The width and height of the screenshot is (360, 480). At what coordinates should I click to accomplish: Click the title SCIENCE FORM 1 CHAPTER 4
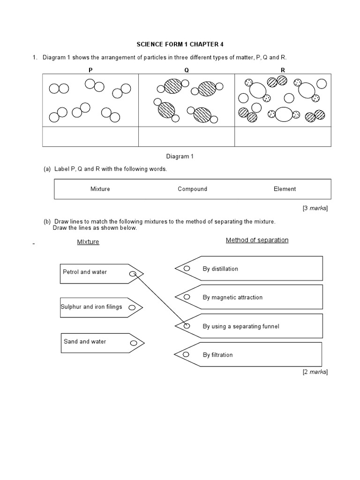[180, 45]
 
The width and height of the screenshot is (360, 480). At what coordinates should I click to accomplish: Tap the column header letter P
[90, 70]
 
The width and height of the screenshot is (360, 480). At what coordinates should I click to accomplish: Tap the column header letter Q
[186, 70]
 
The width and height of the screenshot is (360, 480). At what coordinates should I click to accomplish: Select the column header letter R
[283, 70]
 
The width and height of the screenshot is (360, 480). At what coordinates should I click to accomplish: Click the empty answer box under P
[90, 136]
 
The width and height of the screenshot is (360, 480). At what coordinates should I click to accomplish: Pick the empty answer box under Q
[186, 136]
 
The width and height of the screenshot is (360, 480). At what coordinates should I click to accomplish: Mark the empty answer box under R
[283, 136]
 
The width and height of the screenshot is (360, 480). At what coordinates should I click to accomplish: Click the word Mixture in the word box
[100, 189]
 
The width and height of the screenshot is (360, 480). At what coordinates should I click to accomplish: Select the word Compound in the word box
[192, 189]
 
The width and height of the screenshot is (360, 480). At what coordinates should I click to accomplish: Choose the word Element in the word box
[285, 189]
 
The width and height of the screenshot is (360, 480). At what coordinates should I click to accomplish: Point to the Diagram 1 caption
[180, 157]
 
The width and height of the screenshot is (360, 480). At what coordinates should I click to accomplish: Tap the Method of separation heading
[257, 240]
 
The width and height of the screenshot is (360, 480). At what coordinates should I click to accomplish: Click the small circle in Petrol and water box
[133, 274]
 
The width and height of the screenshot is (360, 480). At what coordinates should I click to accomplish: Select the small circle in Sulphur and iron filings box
[132, 308]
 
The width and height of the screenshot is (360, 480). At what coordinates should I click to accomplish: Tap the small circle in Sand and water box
[133, 343]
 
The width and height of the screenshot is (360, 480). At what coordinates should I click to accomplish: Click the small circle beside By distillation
[187, 268]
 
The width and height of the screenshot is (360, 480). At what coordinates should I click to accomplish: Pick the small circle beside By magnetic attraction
[187, 297]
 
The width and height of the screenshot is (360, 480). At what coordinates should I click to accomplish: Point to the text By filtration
[217, 355]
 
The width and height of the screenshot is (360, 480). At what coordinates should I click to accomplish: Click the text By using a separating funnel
[240, 326]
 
